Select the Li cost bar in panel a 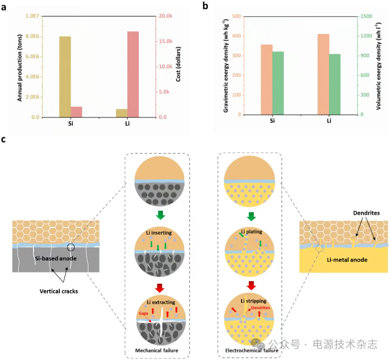click(133, 74)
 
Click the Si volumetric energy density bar click(278, 83)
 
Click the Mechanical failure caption click(157, 350)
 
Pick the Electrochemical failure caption click(252, 350)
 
